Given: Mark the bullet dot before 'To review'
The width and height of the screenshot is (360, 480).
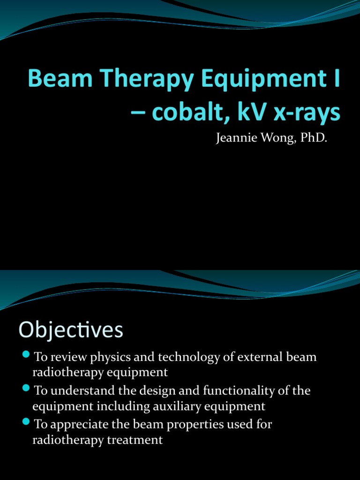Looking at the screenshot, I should click(x=26, y=353).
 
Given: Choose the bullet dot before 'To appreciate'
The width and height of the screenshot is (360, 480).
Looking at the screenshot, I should click(x=26, y=421).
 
